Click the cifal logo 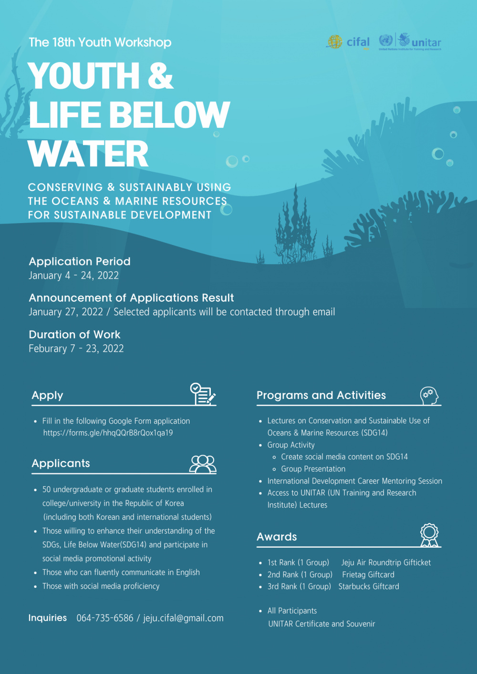pos(348,42)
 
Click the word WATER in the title pos(88,154)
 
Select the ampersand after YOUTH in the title pos(160,76)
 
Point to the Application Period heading pos(80,261)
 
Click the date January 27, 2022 pos(66,312)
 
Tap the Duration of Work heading pos(74,334)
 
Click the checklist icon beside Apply pos(203,394)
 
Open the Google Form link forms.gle pos(108,433)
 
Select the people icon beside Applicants pos(203,463)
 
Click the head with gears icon pos(429,396)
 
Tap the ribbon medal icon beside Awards pos(429,535)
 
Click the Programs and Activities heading pos(321,395)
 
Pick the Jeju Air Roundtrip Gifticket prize pos(386,562)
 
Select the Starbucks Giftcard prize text pos(369,586)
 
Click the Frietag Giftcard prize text pos(368,574)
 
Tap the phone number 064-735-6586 pos(105,618)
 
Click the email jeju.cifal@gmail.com pos(183,618)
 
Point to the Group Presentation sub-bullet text pos(313,469)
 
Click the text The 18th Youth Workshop pos(100,42)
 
